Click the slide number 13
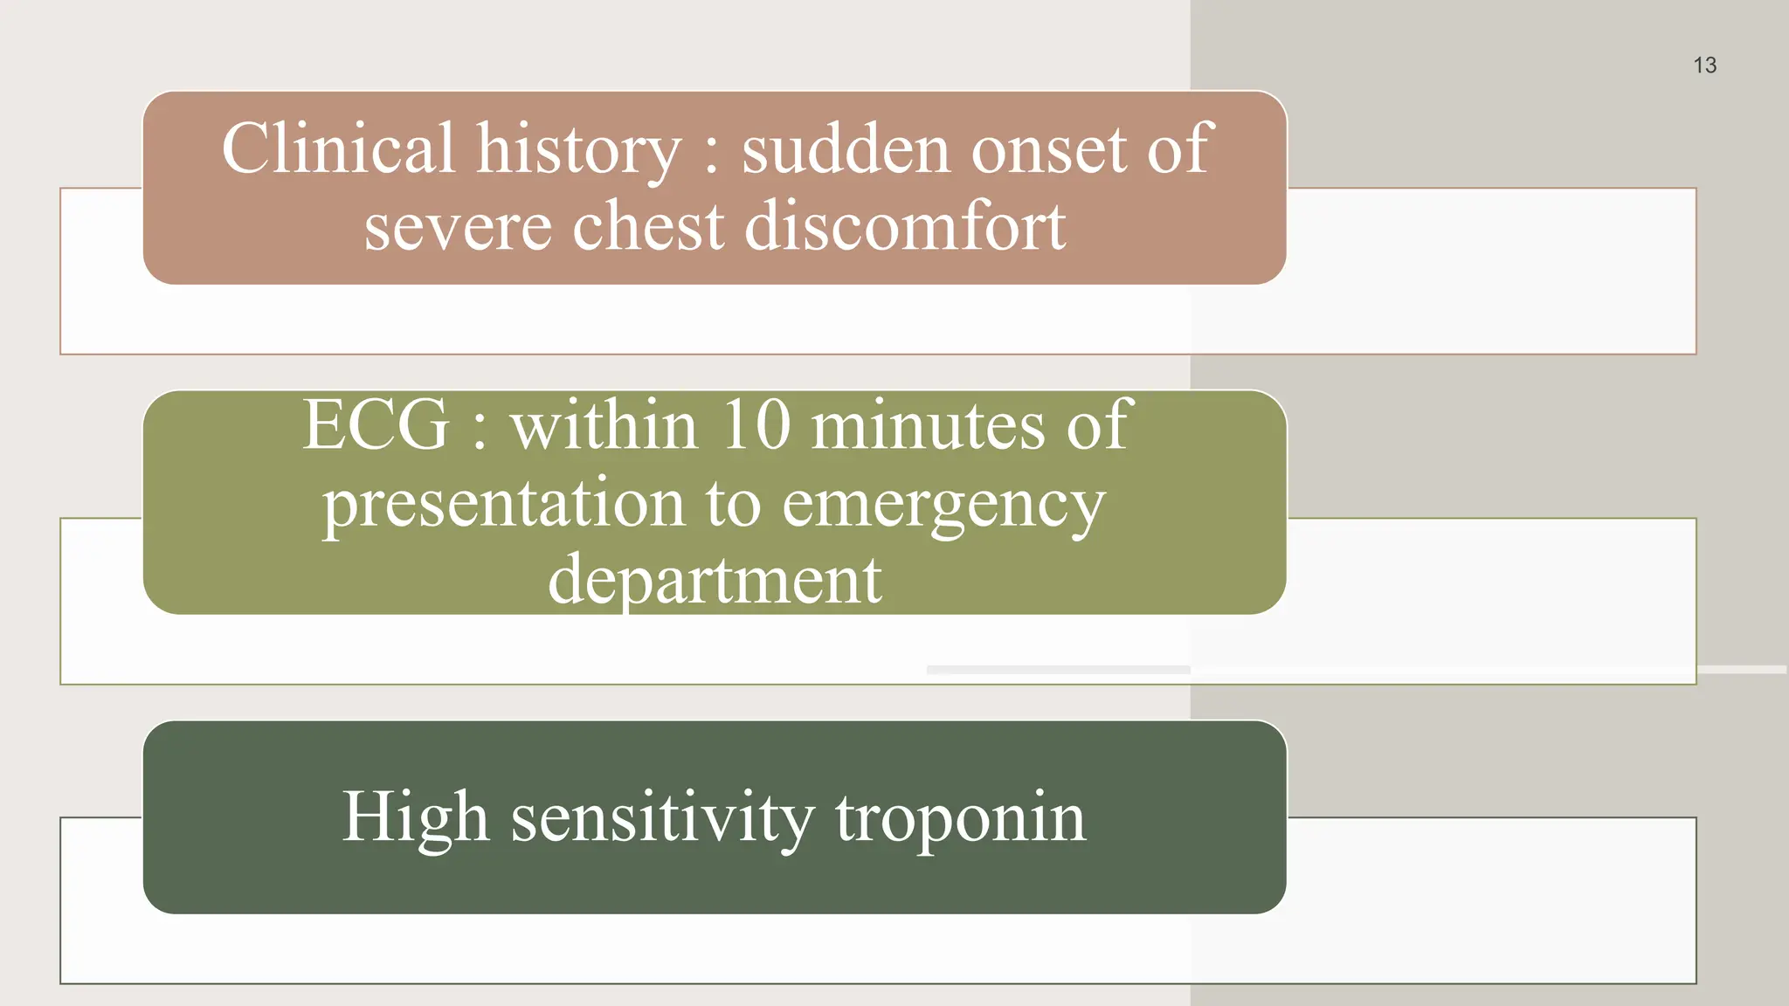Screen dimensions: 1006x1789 pyautogui.click(x=1704, y=65)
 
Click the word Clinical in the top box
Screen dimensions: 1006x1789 pyautogui.click(x=338, y=148)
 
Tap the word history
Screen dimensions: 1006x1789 pyautogui.click(x=578, y=150)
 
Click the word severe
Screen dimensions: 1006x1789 pyautogui.click(x=458, y=226)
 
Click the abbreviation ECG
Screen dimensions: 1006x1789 pyautogui.click(x=376, y=424)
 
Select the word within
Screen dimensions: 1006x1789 pyautogui.click(x=604, y=424)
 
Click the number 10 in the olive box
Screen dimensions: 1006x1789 pyautogui.click(x=756, y=424)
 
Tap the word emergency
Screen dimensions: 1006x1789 pyautogui.click(x=943, y=505)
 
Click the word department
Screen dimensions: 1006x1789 pyautogui.click(x=715, y=580)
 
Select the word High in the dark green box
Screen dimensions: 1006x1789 pyautogui.click(x=415, y=817)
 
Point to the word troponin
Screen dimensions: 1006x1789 pyautogui.click(x=960, y=819)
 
